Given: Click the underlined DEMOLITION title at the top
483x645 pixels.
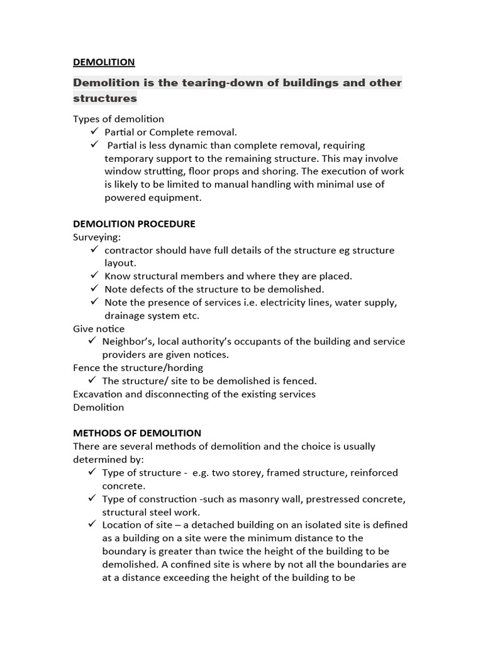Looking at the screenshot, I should click(104, 62).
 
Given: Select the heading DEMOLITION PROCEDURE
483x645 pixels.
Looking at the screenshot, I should click(134, 224).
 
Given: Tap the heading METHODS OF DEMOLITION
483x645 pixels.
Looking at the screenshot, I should click(137, 433).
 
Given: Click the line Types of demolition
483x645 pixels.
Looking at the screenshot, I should click(118, 119).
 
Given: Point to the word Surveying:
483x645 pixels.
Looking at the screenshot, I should click(97, 237).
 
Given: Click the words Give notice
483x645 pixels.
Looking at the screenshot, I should click(99, 329).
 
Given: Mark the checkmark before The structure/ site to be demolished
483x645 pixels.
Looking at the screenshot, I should click(92, 380).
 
